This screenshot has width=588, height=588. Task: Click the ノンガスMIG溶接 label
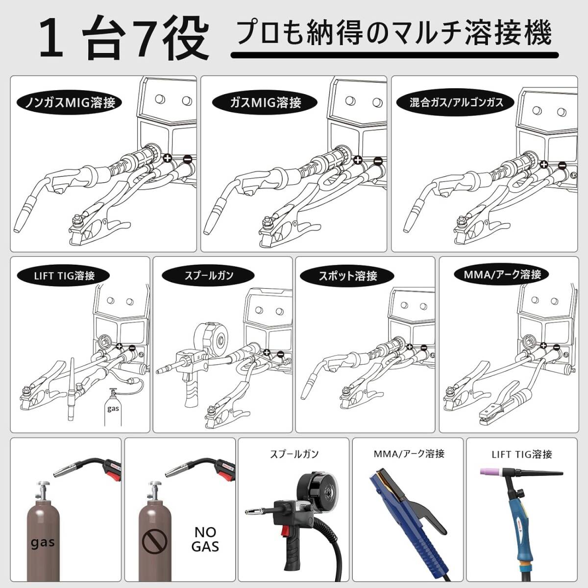click(70, 102)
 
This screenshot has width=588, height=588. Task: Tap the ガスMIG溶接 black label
click(265, 102)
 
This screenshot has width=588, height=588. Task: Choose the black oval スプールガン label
click(208, 275)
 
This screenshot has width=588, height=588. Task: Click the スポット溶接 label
click(347, 276)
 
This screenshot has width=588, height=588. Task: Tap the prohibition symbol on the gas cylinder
click(154, 541)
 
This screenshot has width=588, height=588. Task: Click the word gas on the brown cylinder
click(43, 542)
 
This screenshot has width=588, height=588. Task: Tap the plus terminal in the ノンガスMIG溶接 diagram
click(167, 158)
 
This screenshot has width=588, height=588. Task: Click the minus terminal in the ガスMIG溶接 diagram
click(377, 160)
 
